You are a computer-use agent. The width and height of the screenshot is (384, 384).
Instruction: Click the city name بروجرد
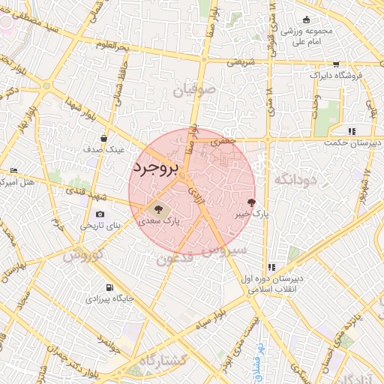[x=155, y=169]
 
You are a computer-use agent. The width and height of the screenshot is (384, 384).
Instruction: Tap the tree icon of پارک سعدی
[x=157, y=209]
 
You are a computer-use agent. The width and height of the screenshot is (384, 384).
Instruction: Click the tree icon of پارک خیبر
[x=250, y=202]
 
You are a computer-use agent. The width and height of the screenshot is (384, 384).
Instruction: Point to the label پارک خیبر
[x=250, y=214]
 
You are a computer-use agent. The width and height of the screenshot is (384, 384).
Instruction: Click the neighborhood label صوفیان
[x=194, y=91]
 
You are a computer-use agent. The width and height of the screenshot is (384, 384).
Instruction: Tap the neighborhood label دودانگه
[x=296, y=179]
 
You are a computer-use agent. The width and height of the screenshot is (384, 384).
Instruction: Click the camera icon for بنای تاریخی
[x=100, y=214]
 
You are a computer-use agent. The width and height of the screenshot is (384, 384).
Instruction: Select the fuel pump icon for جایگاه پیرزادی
[x=110, y=287]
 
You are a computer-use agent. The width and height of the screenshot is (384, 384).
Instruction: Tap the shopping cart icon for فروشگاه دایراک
[x=335, y=64]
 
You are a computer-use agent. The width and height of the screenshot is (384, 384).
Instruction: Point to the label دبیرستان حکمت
[x=352, y=142]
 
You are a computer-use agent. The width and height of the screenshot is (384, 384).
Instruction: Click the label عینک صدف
[x=103, y=150]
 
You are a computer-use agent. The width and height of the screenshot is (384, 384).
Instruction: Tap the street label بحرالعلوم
[x=112, y=46]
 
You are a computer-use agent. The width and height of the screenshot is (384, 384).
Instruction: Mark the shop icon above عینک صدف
[x=103, y=139]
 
